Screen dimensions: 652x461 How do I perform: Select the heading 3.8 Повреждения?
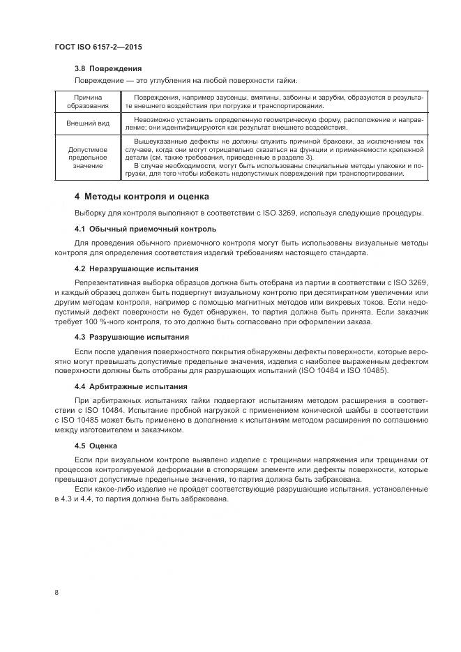pos(108,68)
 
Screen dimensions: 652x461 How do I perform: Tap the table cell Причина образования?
pos(88,102)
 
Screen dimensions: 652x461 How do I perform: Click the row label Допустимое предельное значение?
pos(88,158)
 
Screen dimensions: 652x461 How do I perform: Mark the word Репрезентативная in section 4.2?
pos(105,281)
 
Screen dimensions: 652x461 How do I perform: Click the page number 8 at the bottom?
pos(56,593)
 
